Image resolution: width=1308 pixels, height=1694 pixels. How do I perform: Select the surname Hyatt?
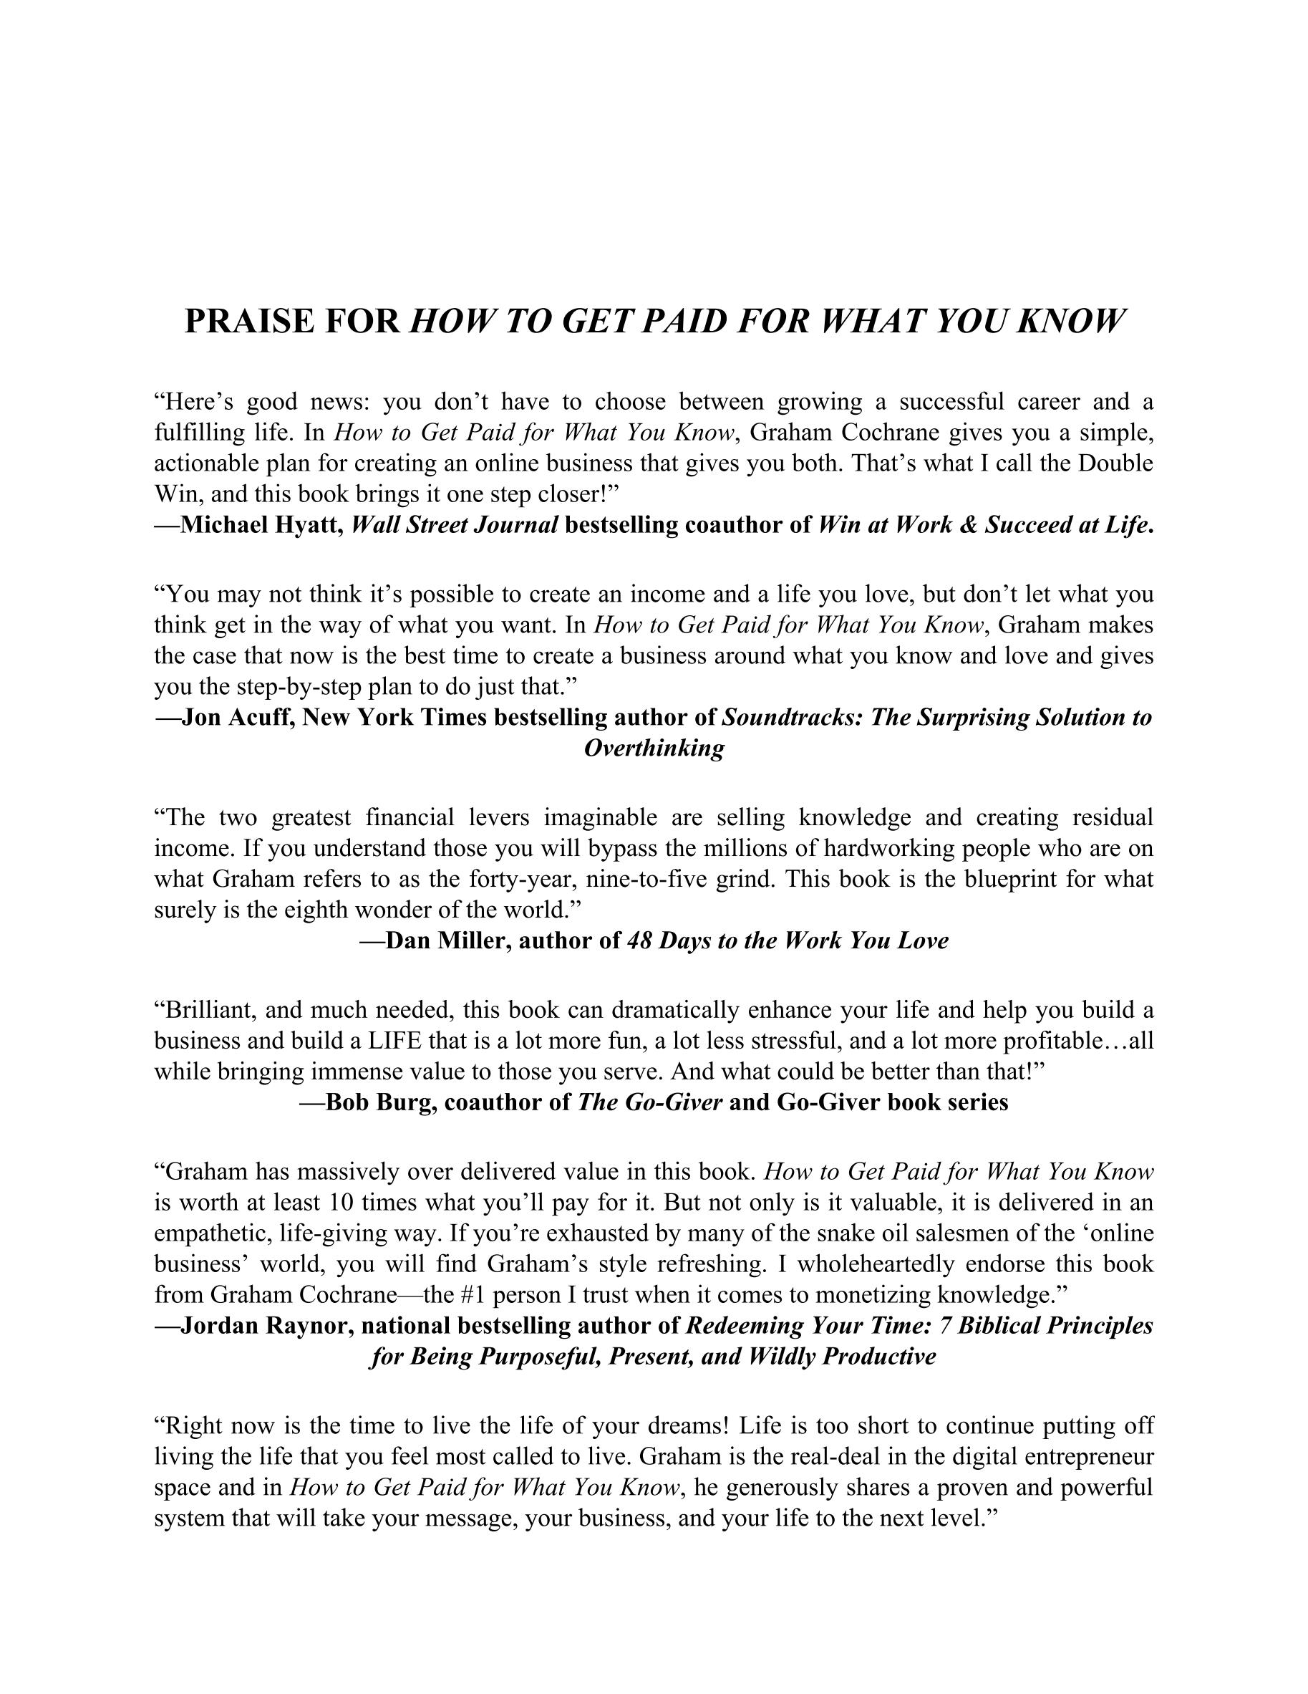(309, 525)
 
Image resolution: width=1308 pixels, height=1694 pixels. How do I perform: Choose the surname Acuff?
(261, 718)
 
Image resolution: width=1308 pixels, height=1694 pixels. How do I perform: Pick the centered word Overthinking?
(654, 749)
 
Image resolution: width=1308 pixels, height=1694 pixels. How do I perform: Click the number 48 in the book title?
(639, 941)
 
